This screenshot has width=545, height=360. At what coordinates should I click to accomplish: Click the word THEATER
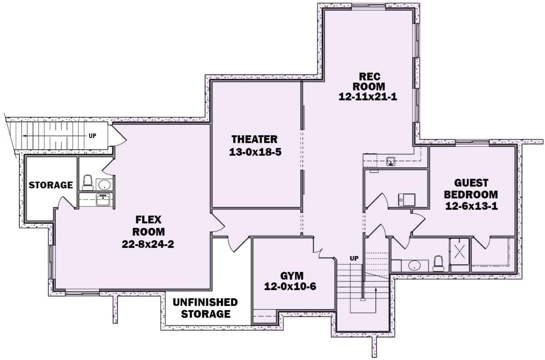click(254, 139)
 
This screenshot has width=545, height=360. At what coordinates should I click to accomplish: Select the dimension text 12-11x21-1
click(368, 96)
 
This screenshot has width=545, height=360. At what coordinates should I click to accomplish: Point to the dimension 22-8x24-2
click(148, 244)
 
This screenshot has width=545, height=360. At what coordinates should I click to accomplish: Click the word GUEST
click(471, 183)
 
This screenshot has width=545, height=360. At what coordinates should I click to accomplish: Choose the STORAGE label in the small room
click(51, 185)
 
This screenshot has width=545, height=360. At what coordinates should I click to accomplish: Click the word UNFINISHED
click(205, 302)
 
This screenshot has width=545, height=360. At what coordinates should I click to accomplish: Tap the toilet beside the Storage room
click(88, 183)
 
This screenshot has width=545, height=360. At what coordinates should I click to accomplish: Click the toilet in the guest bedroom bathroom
click(438, 263)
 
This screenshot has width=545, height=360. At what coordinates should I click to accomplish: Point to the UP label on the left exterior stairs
click(92, 135)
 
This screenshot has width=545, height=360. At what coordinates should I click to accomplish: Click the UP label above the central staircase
click(355, 258)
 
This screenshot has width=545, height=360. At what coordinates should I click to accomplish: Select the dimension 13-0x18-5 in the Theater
click(256, 152)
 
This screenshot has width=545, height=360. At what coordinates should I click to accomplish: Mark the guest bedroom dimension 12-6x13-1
click(471, 206)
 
